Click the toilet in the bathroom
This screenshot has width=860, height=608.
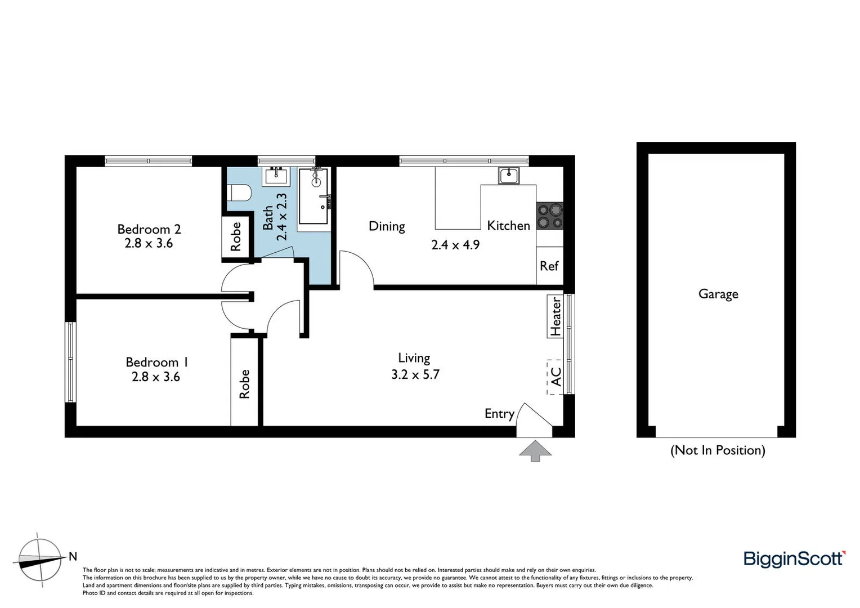[239, 193]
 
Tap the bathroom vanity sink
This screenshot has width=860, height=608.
[276, 176]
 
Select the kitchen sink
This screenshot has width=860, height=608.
[509, 176]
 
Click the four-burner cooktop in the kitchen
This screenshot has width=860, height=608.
[549, 216]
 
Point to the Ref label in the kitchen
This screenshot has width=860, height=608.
[549, 266]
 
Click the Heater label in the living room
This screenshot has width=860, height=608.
[556, 317]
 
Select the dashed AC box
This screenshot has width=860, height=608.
[555, 377]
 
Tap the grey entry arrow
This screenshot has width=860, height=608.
[535, 450]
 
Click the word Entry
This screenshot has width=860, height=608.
[499, 414]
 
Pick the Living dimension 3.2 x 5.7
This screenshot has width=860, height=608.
[415, 374]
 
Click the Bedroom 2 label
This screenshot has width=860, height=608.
[149, 229]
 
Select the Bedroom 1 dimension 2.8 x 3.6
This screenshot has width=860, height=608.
[156, 377]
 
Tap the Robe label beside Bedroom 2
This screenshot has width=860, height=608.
[236, 236]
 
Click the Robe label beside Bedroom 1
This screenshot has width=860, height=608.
[244, 384]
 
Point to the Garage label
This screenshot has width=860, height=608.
[718, 294]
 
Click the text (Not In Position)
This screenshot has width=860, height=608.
[718, 450]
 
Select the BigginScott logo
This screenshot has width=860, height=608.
[794, 558]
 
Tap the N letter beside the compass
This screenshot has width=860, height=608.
[73, 557]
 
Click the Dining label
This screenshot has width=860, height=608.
[387, 226]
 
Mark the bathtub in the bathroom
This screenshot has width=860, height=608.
[314, 195]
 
